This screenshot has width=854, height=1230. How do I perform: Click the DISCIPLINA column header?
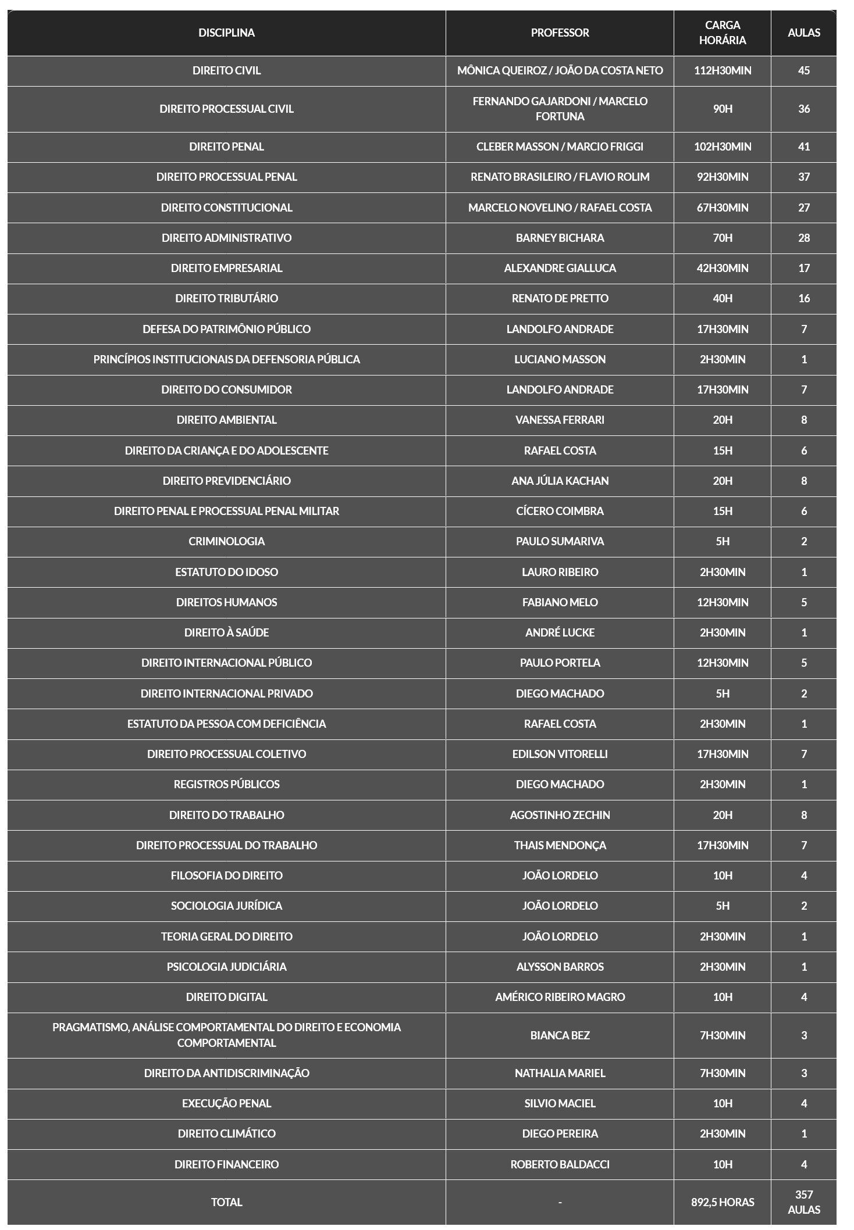click(x=226, y=33)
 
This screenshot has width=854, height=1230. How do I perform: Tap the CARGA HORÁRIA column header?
click(x=722, y=33)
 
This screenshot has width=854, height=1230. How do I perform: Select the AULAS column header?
click(x=803, y=33)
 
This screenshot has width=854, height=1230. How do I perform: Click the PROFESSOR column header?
click(x=560, y=33)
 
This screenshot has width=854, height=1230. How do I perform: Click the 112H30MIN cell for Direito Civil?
click(x=722, y=70)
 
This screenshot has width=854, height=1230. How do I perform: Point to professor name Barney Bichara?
click(x=560, y=238)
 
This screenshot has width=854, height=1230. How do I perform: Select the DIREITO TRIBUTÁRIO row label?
click(x=226, y=298)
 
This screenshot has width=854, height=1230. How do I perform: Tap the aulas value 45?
click(x=803, y=70)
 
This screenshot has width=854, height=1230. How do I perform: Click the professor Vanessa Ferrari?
click(x=560, y=420)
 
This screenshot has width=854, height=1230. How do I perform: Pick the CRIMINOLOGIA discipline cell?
click(x=226, y=541)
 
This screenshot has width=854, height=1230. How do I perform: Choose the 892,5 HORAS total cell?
click(x=722, y=1202)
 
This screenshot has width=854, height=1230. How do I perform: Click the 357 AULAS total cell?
click(x=803, y=1202)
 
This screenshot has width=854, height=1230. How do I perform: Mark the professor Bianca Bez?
click(x=560, y=1035)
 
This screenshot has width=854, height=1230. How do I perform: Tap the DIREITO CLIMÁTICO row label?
click(x=226, y=1134)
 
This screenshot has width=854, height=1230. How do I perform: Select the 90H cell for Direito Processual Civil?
click(x=722, y=109)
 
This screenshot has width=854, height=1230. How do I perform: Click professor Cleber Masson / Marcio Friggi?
click(x=560, y=146)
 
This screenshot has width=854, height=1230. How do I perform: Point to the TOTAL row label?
click(x=226, y=1202)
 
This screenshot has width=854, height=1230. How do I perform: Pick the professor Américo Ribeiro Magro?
click(x=560, y=997)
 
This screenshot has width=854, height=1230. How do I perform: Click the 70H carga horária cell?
click(x=722, y=238)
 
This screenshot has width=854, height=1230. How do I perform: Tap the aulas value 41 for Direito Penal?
click(x=803, y=146)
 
